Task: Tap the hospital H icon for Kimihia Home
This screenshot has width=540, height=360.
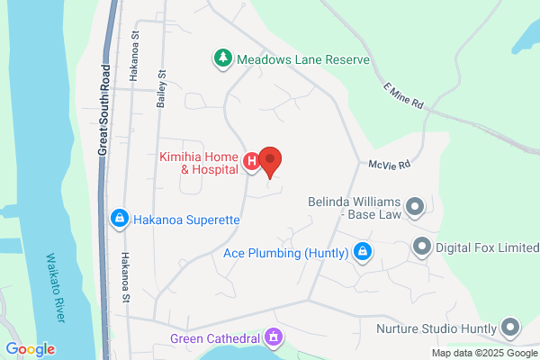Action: [253, 162]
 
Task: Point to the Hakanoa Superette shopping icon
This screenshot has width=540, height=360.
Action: [119, 218]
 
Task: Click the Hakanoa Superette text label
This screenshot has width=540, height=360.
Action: [186, 218]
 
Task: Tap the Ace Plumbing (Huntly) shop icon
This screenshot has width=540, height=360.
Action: [363, 252]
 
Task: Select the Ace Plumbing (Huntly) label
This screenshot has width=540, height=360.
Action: [285, 253]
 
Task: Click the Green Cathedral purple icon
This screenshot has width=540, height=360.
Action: [273, 338]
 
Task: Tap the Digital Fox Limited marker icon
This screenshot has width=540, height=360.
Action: [421, 246]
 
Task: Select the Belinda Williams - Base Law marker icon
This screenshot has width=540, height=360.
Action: [415, 208]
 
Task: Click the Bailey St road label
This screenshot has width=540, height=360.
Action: [162, 89]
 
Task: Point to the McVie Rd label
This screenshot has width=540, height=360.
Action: [390, 165]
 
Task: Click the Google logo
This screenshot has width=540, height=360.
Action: [30, 349]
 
